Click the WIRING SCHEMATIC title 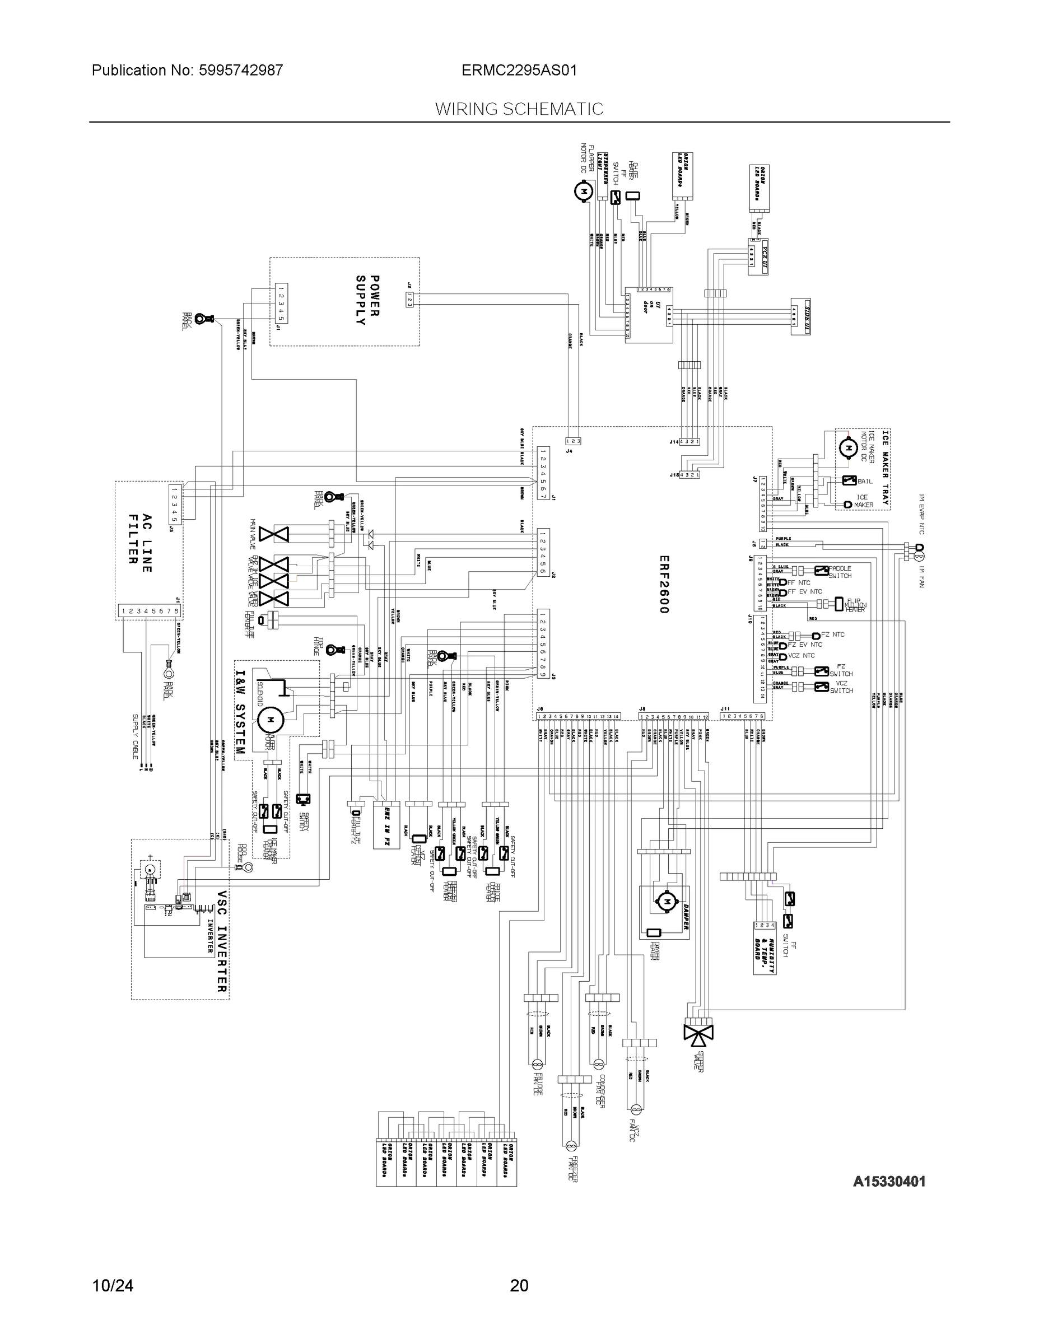click(x=519, y=109)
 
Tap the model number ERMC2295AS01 click(x=519, y=70)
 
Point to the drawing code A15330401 click(x=889, y=1181)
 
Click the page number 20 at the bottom click(x=519, y=1286)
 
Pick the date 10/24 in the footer click(x=113, y=1286)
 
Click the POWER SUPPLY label click(x=367, y=300)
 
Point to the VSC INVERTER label click(x=222, y=941)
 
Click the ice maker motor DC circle click(x=849, y=447)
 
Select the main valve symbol click(x=273, y=534)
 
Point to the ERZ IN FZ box click(x=386, y=825)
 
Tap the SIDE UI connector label click(x=800, y=316)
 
